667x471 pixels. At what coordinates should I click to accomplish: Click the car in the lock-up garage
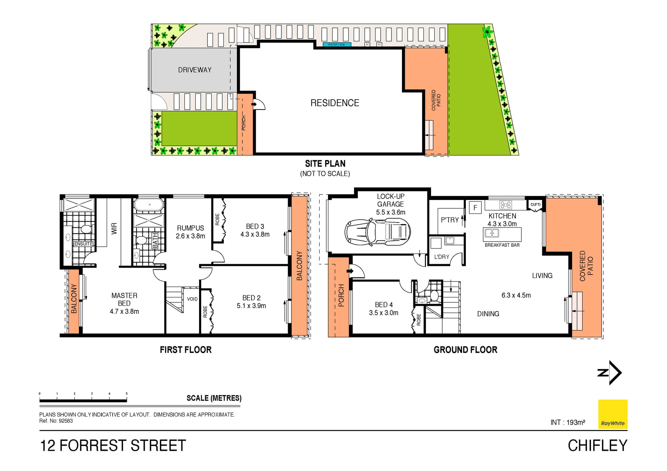378,232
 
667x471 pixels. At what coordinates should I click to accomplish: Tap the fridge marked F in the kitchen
475,208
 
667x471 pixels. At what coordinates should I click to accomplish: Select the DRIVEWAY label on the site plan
195,70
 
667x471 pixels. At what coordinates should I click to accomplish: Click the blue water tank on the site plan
337,44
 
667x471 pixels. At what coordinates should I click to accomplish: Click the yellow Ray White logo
612,414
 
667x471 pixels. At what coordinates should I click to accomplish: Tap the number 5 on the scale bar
126,394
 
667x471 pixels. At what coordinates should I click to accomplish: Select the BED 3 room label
255,226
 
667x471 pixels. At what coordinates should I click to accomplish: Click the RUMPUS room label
190,228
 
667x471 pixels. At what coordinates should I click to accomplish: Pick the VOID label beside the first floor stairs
192,299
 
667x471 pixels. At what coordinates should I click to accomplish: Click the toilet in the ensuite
85,229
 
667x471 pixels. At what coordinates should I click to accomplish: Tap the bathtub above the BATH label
149,205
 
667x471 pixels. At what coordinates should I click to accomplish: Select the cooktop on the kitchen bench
505,205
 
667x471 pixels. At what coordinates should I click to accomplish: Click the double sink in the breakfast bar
492,233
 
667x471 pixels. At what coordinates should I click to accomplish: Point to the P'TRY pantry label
450,220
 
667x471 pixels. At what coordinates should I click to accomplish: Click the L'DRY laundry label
442,257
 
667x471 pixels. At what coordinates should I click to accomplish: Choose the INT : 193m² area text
568,422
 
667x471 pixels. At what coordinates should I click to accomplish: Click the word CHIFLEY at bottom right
597,446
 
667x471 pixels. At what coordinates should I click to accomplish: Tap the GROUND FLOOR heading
465,350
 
